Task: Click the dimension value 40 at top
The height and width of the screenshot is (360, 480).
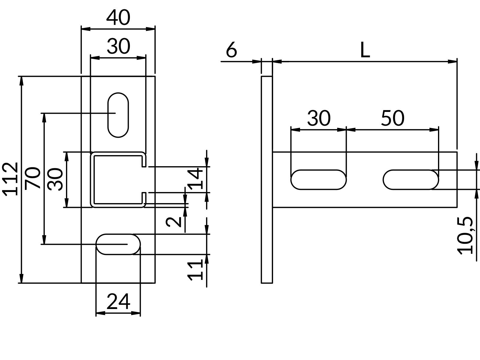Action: [118, 18]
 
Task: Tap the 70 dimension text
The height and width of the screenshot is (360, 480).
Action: [33, 178]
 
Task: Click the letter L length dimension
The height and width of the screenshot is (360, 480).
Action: [365, 50]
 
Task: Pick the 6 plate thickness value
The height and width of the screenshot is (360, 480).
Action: [231, 50]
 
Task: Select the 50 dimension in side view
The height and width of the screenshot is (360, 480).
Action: [392, 118]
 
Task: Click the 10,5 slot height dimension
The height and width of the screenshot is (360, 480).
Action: [465, 235]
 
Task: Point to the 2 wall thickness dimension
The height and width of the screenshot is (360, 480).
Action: [174, 222]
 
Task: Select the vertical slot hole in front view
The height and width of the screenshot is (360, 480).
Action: [118, 115]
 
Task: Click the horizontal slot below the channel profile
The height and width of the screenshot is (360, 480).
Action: [118, 244]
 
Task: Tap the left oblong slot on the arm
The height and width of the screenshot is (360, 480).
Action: [319, 180]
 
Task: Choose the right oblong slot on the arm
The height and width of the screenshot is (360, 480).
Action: [411, 180]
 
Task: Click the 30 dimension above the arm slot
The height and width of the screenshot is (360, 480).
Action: [319, 118]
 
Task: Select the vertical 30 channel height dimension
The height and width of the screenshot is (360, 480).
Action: [55, 179]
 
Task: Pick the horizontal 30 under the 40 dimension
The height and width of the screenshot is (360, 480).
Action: [118, 47]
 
